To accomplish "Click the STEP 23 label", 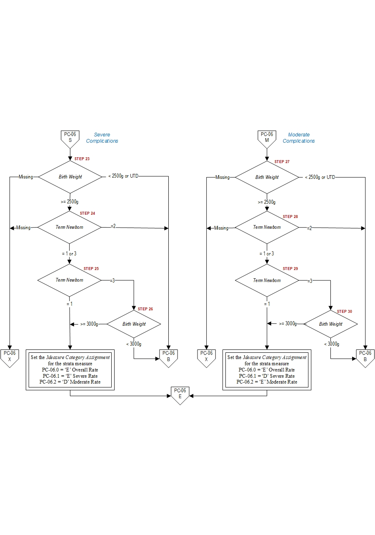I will point(82,159).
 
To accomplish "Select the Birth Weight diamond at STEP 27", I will point(267,177).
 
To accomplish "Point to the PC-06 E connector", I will point(180,394).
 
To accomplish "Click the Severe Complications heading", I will point(102,138).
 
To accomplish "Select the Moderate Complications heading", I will point(299,138).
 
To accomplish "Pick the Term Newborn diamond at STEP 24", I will point(70,227).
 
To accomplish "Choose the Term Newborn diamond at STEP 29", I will point(267,280).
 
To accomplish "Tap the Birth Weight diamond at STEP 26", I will point(134,324).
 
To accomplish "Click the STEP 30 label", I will point(345,312).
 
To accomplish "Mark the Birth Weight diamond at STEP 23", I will point(70,177).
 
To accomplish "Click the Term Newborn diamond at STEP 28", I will point(267,227).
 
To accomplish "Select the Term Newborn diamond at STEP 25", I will point(70,280).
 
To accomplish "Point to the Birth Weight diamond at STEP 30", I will point(330,324).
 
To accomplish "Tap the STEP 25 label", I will point(91,269).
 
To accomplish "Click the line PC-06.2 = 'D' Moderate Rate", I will point(70,382).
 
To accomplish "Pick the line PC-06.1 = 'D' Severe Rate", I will point(267,376).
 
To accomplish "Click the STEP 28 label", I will point(290,217).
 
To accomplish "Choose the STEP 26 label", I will point(145,309).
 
